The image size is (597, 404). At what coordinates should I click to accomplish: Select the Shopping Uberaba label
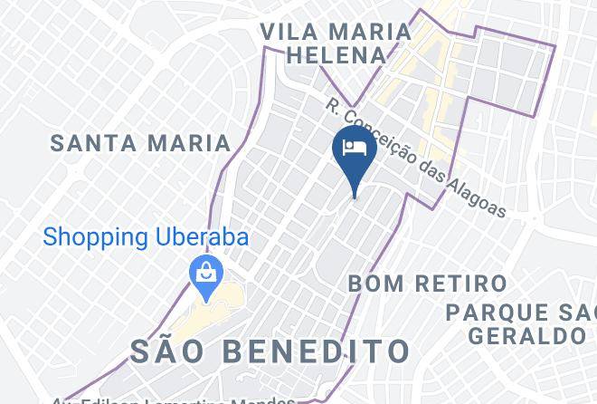tap(146, 237)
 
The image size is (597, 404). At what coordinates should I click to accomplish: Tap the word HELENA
tap(336, 55)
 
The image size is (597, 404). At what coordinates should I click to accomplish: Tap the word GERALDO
tap(526, 336)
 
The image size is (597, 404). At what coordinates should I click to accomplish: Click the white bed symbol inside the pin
tap(354, 147)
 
